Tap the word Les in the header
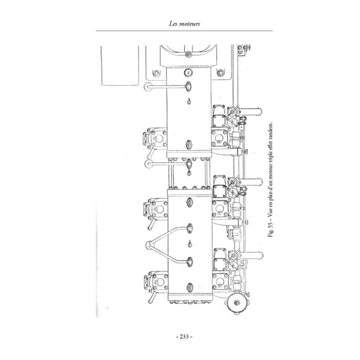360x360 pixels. pyautogui.click(x=173, y=24)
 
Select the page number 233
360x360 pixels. pyautogui.click(x=184, y=337)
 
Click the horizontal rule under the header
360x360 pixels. pyautogui.click(x=184, y=30)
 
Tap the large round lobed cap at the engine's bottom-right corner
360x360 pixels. pyautogui.click(x=237, y=303)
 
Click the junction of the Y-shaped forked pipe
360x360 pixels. pyautogui.click(x=149, y=245)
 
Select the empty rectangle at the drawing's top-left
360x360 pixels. pyautogui.click(x=120, y=66)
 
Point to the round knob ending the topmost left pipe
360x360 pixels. pyautogui.click(x=148, y=87)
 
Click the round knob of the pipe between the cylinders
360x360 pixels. pyautogui.click(x=149, y=164)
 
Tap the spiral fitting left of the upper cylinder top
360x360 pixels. pyautogui.click(x=156, y=73)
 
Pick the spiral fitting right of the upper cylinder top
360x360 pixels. pyautogui.click(x=220, y=73)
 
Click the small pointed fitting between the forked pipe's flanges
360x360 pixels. pyautogui.click(x=189, y=244)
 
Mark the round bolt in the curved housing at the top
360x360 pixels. pyautogui.click(x=188, y=54)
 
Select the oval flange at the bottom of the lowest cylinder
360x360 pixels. pyautogui.click(x=189, y=287)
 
